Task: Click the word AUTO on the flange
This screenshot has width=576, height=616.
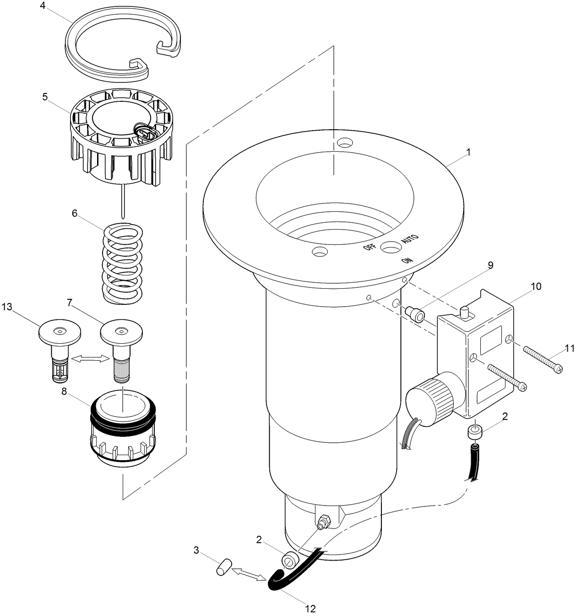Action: (409, 239)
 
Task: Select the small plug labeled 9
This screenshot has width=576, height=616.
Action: (416, 314)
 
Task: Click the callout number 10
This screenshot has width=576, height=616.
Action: (536, 286)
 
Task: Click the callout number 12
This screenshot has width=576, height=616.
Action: (310, 609)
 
